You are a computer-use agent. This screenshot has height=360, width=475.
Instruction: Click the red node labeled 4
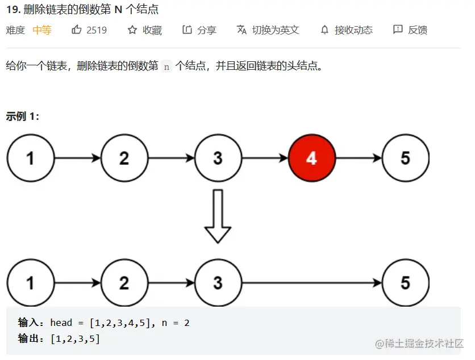[x=312, y=158]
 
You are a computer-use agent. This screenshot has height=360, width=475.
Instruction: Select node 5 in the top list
[x=405, y=158]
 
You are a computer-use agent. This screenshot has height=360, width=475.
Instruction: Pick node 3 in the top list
[x=218, y=158]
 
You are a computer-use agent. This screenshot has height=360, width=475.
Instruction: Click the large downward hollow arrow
[x=218, y=216]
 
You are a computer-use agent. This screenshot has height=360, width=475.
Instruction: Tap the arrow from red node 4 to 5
[x=359, y=158]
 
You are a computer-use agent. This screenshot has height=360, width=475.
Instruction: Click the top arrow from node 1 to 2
[x=77, y=158]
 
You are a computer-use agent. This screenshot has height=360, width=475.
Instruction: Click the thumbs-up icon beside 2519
[x=77, y=30]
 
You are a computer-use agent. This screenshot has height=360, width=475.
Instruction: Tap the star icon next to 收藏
[x=132, y=30]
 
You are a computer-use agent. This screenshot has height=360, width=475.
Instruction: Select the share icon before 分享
[x=187, y=30]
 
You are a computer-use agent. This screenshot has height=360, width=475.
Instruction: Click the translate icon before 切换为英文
[x=241, y=30]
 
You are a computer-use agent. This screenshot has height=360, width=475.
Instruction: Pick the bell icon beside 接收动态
[x=324, y=30]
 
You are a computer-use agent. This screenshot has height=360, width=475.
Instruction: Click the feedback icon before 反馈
[x=398, y=30]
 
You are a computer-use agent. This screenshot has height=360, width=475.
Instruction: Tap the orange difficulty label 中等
[x=42, y=30]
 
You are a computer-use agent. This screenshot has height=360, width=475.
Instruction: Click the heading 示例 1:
[x=23, y=116]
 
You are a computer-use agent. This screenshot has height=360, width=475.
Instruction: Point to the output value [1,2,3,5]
[x=75, y=339]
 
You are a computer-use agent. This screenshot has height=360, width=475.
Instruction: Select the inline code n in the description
[x=166, y=66]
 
